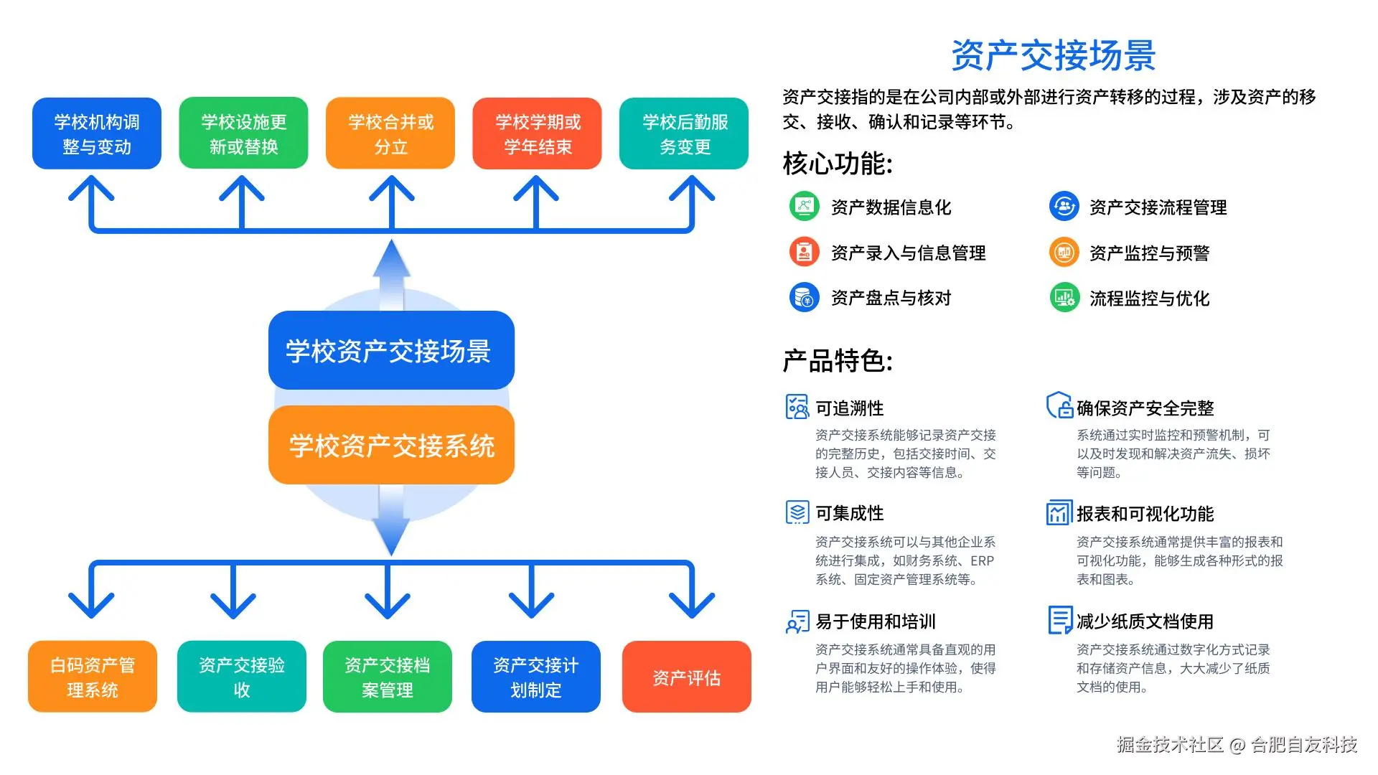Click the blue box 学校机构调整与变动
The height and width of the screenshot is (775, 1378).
coord(97,133)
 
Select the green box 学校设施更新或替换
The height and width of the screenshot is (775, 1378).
coord(243,133)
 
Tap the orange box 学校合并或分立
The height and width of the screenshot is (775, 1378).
coord(390,133)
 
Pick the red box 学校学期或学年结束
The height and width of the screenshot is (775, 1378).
coord(537,133)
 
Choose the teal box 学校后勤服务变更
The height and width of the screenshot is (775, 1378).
coord(684,133)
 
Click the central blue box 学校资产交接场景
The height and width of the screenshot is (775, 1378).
coord(391,350)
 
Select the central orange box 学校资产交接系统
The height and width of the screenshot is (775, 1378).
coord(391,445)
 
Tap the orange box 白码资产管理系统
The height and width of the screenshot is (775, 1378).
coord(93,677)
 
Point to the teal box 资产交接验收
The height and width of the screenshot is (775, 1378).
coord(242,677)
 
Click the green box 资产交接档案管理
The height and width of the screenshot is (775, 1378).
coord(388,677)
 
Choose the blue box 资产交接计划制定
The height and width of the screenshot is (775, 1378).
coord(536,677)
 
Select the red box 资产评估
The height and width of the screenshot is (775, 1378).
coord(687,677)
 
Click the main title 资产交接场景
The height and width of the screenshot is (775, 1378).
coord(1053,55)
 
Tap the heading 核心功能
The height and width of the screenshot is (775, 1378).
coord(838,164)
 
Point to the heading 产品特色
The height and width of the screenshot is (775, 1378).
coord(838,361)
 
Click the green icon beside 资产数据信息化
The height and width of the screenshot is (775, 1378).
coord(805,207)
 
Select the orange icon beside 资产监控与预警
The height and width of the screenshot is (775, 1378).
coord(1064,253)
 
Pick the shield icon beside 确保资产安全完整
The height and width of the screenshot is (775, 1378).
coord(1060,405)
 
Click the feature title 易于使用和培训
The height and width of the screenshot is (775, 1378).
coord(876,621)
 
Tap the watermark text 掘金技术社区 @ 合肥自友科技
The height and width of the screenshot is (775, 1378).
coord(1237,745)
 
